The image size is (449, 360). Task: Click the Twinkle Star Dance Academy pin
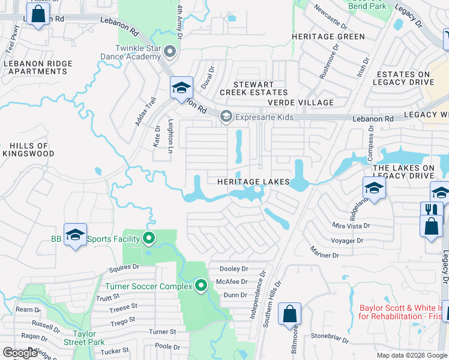point(170,52)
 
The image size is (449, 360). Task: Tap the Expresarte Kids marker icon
point(226,116)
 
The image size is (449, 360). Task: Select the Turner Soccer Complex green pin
point(201,286)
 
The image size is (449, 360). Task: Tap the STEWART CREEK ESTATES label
point(253,88)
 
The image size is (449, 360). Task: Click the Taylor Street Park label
point(88,337)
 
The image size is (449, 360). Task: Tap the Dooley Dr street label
point(234,269)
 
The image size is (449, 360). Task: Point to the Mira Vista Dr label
point(351,226)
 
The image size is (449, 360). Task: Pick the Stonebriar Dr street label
point(331,339)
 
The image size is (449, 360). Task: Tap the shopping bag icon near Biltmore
point(289,313)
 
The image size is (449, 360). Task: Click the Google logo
point(20,353)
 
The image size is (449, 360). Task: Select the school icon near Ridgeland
point(373,188)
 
